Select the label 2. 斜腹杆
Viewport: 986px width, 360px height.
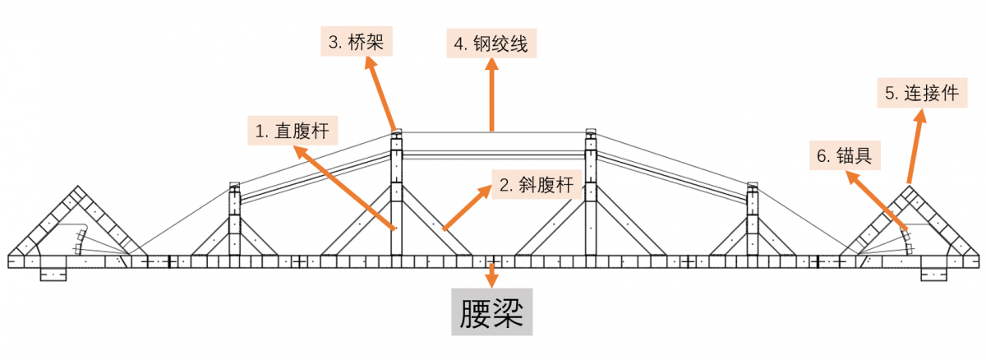click(x=536, y=186)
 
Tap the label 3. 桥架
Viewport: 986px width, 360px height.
click(x=356, y=42)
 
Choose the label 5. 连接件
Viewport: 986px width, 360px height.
click(x=921, y=94)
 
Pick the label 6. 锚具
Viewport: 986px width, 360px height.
click(x=843, y=155)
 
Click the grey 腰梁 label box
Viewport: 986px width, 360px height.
click(x=491, y=312)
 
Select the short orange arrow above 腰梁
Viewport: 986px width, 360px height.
click(x=492, y=275)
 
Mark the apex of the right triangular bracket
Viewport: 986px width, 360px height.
click(x=910, y=191)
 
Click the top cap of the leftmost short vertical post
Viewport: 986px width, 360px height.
click(x=234, y=186)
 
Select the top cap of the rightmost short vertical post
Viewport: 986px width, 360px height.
click(x=751, y=186)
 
